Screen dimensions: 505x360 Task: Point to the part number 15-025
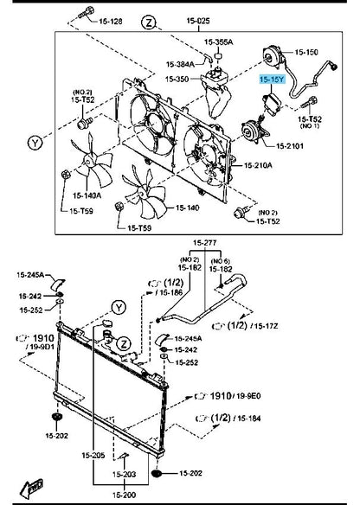click(198, 19)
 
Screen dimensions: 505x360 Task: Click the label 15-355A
click(219, 41)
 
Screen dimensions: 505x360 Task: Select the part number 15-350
click(177, 79)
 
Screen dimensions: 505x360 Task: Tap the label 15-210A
click(258, 164)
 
